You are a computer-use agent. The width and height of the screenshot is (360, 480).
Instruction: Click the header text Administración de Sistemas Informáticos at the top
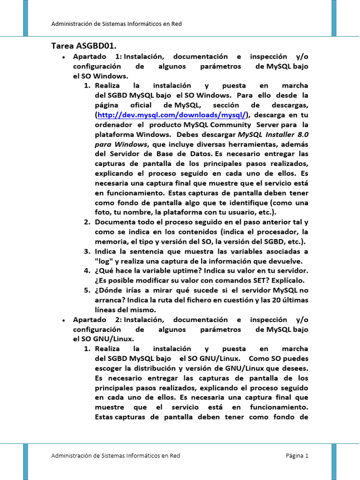[x=116, y=24]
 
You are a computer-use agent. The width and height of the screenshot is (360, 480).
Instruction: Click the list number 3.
[x=87, y=251]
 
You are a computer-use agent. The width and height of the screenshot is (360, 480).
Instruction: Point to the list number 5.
[x=87, y=291]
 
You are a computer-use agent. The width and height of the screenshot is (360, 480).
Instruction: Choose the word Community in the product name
[x=230, y=125]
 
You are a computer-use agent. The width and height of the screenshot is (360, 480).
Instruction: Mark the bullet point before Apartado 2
[x=63, y=320]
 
